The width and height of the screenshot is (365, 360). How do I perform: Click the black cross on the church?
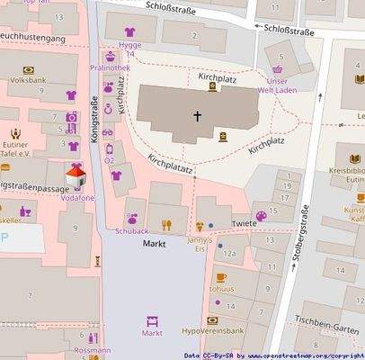pyautogui.click(x=198, y=116)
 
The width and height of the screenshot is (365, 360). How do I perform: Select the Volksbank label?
pyautogui.click(x=28, y=80)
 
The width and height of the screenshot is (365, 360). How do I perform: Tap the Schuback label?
pyautogui.click(x=131, y=230)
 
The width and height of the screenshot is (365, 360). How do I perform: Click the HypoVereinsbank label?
pyautogui.click(x=213, y=330)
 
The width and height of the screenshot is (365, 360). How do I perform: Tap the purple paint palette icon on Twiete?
pyautogui.click(x=262, y=215)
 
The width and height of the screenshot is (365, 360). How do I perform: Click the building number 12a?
pyautogui.click(x=229, y=255)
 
